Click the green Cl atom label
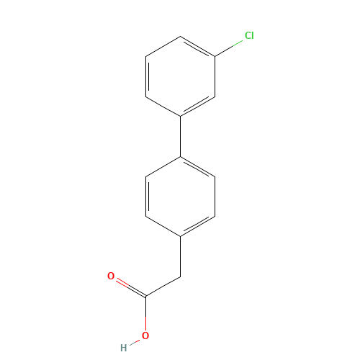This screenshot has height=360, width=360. (249, 35)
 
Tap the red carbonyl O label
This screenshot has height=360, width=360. (111, 276)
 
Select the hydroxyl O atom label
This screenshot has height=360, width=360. (145, 335)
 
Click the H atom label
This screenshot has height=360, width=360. (123, 348)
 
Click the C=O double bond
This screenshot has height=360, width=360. (129, 287)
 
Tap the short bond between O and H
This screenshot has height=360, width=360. (135, 341)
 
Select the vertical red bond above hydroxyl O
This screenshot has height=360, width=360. (145, 313)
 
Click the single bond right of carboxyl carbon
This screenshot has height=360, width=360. (162, 287)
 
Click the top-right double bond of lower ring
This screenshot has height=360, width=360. (197, 166)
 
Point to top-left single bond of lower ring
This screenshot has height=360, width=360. (163, 166)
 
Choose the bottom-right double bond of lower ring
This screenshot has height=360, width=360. (197, 225)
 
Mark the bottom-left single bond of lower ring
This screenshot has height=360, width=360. (163, 225)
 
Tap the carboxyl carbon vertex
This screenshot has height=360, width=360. (145, 296)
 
